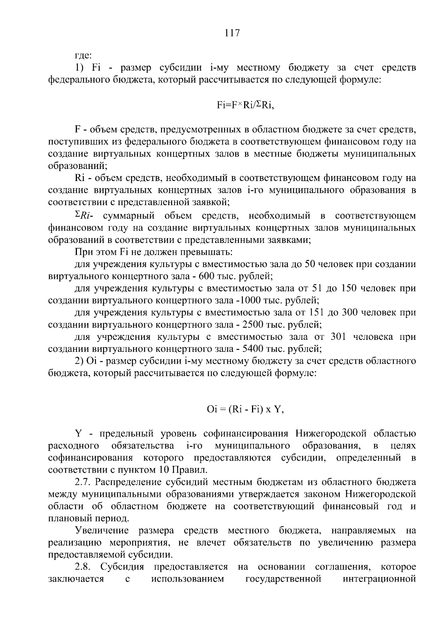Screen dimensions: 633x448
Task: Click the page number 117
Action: [x=232, y=33]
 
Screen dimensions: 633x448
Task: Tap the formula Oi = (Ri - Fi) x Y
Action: [x=245, y=409]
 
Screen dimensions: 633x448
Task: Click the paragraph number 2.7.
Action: [x=83, y=482]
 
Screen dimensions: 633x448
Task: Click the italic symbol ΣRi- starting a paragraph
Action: [x=84, y=216]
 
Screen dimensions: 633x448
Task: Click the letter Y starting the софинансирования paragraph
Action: [x=78, y=434]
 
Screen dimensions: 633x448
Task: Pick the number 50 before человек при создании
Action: [x=311, y=264]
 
